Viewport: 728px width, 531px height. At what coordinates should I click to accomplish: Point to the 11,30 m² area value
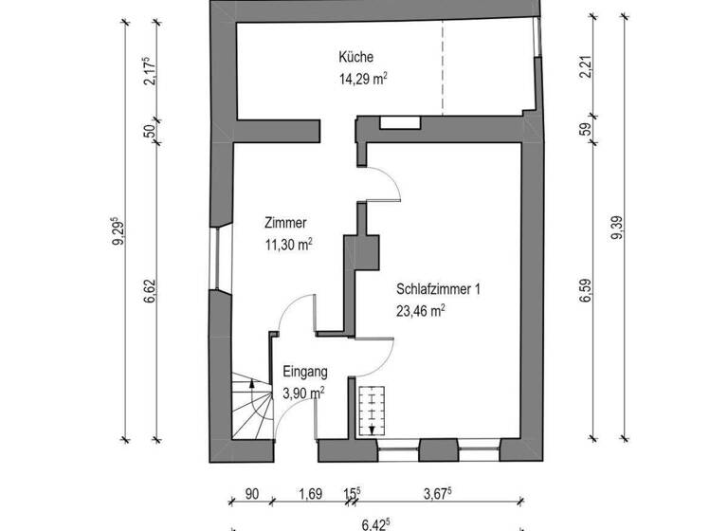(x=289, y=245)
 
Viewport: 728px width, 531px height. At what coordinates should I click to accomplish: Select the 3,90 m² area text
(x=304, y=393)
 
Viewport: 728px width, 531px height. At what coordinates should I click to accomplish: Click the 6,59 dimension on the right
(x=585, y=287)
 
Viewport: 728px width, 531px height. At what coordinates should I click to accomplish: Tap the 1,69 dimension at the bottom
(x=310, y=493)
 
